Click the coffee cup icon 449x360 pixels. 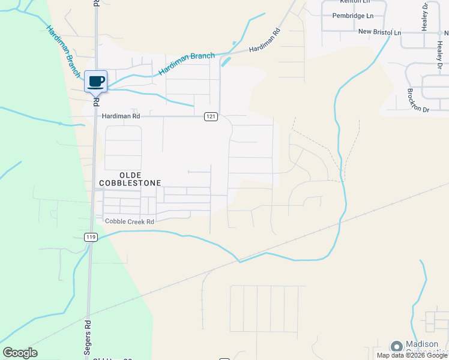click(96, 81)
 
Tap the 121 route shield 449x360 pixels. click(210, 116)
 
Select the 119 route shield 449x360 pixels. click(91, 237)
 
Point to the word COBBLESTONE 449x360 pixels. click(130, 182)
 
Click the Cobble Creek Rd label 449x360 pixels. click(130, 221)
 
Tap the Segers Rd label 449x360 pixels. click(88, 331)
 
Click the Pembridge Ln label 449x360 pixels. click(353, 16)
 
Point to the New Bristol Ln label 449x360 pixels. click(379, 31)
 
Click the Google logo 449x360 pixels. click(20, 353)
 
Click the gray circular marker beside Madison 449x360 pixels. click(396, 346)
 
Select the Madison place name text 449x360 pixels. click(426, 344)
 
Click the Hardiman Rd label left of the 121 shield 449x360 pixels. click(120, 116)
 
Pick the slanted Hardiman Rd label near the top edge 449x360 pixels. click(265, 41)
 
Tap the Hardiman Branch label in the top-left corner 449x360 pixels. click(62, 52)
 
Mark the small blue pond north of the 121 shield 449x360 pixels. click(226, 61)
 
